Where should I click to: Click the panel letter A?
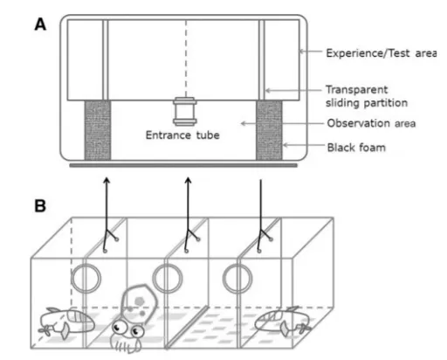coord(40,24)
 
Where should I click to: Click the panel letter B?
coord(40,205)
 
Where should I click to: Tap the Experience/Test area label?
coord(381,53)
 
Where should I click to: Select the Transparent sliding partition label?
coord(367,96)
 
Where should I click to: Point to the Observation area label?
coord(371,123)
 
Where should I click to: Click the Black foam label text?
coord(356,148)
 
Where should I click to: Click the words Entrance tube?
coord(182,135)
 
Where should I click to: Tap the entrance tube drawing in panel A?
coord(185,112)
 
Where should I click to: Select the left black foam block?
coord(98,130)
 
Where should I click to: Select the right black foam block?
coord(269,130)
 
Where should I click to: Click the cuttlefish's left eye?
coord(119,327)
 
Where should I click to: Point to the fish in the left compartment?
coord(66,322)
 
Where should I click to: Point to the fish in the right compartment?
coord(283,322)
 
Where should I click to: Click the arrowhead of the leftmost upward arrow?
coord(107,180)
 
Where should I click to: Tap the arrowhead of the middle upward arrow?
coord(188,180)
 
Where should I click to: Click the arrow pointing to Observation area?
coord(282,123)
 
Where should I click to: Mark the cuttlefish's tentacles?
coord(126,346)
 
